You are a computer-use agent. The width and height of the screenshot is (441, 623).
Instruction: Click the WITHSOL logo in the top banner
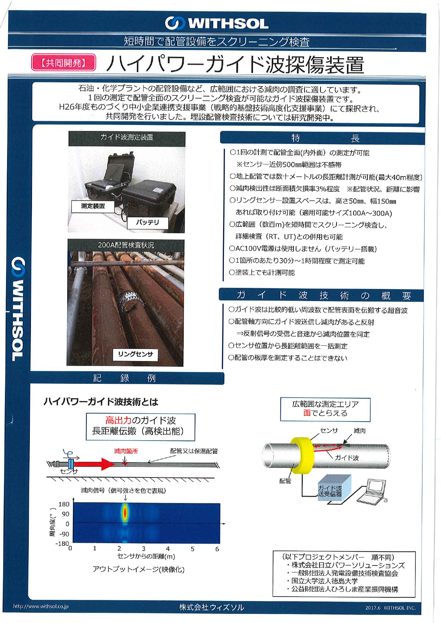[216, 23]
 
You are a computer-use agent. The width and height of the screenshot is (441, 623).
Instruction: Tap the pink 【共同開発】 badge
[64, 63]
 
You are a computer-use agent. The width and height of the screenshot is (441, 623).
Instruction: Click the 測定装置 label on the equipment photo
[93, 206]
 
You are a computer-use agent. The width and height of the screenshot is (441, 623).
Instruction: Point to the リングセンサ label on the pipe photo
[135, 354]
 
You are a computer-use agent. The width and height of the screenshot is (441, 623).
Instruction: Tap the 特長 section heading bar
[322, 138]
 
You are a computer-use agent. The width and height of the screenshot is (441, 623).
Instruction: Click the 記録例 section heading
[125, 378]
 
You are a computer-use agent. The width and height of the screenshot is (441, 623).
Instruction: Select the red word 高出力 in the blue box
[118, 420]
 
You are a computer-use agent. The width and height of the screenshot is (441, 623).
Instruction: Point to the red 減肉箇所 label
[126, 451]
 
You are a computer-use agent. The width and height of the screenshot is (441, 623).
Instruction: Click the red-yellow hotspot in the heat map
[125, 513]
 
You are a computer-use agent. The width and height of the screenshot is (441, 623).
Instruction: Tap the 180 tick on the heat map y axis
[64, 504]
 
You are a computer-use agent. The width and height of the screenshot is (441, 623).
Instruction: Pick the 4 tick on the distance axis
[168, 549]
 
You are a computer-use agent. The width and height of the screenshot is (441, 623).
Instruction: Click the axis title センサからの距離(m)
[146, 556]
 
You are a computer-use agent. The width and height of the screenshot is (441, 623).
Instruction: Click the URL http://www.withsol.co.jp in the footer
[41, 606]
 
